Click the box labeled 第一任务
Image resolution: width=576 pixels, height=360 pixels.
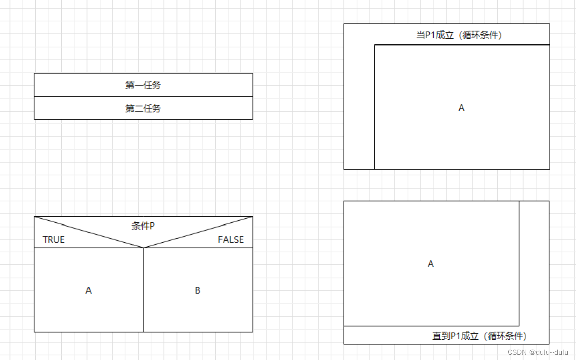[x=143, y=85]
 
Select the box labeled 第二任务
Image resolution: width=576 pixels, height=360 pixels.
[x=143, y=108]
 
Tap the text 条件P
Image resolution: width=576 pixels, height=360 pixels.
[x=143, y=226]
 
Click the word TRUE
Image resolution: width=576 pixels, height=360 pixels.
[x=54, y=240]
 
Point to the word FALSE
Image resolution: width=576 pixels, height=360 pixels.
[x=231, y=240]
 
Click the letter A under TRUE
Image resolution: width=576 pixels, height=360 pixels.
[x=88, y=290]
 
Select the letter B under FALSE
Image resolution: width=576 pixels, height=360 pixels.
[x=197, y=290]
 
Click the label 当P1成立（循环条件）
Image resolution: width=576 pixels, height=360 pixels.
[x=459, y=35]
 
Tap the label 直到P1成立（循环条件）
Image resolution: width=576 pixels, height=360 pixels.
[x=479, y=336]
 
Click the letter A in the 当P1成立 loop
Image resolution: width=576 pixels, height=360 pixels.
[x=461, y=108]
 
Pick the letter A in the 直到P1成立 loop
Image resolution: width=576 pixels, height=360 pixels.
[x=431, y=264]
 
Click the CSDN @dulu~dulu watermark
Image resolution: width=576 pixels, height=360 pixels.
[x=538, y=352]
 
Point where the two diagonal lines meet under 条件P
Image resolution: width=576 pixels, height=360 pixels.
[x=144, y=248]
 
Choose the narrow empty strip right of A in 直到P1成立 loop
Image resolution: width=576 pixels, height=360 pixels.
[x=534, y=263]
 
